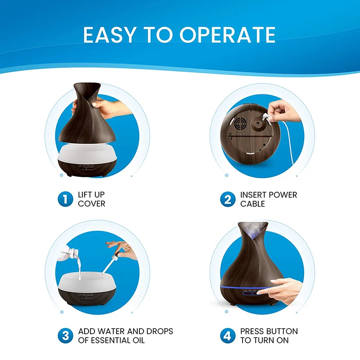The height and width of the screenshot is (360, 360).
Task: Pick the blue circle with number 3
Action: click(65, 335)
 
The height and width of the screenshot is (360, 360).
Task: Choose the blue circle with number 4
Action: click(228, 335)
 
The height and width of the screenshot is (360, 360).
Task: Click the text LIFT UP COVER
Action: click(92, 199)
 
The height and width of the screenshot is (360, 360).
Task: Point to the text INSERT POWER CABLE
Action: click(269, 199)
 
